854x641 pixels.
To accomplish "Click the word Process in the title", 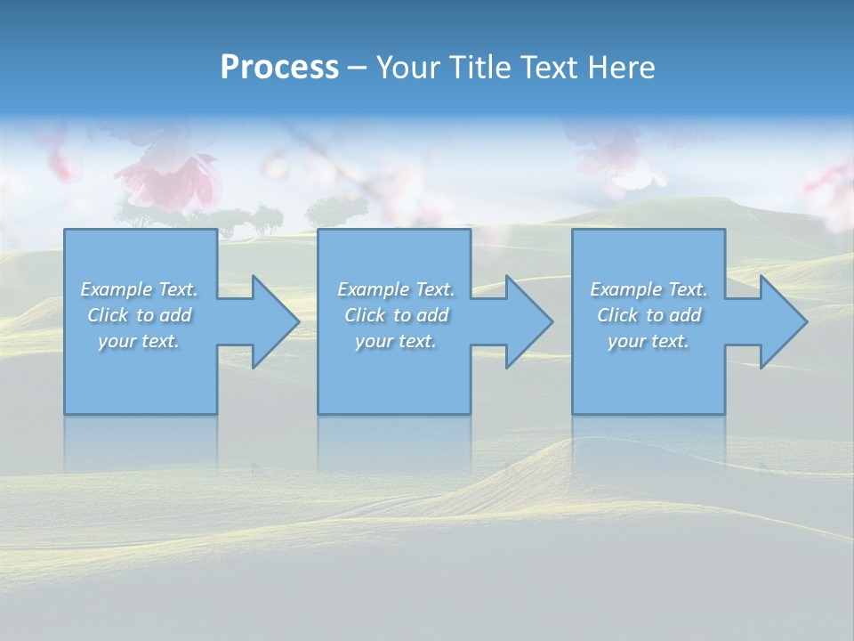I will [x=279, y=68].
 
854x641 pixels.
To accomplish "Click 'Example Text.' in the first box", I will [x=139, y=289].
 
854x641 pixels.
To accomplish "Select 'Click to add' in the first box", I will [x=139, y=315].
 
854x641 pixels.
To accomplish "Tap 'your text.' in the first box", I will [x=139, y=341].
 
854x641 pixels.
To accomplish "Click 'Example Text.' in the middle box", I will [x=396, y=289].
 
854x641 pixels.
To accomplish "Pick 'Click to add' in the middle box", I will [x=396, y=315].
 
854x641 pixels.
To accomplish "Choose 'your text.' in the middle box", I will [x=396, y=341].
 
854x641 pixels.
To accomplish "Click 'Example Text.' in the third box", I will [x=649, y=289].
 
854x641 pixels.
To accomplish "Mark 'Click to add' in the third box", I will [x=649, y=315].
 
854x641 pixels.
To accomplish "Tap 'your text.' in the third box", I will [x=649, y=341].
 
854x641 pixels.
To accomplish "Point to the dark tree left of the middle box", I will [x=336, y=211].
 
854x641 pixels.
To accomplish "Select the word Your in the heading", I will [x=406, y=68].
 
